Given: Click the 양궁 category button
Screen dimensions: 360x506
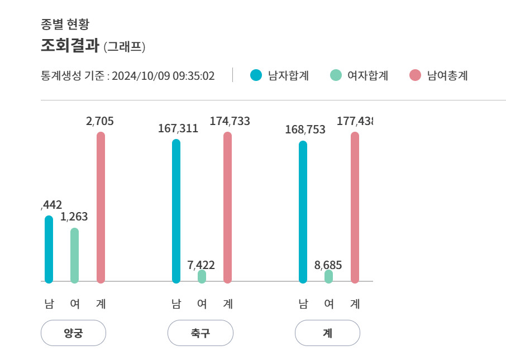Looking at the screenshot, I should pyautogui.click(x=73, y=333).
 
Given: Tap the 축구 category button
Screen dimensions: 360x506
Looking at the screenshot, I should pyautogui.click(x=200, y=333).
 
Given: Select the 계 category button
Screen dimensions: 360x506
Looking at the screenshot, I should pyautogui.click(x=327, y=333).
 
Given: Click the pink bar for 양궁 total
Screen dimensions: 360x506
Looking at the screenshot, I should pyautogui.click(x=101, y=207).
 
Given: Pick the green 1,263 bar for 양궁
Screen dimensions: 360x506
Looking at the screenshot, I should pyautogui.click(x=75, y=255).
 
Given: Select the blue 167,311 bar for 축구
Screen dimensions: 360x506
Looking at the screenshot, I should pyautogui.click(x=176, y=211).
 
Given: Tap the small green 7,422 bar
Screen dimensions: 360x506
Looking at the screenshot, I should pyautogui.click(x=202, y=276).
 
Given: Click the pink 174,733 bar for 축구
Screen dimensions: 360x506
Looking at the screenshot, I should pyautogui.click(x=227, y=207).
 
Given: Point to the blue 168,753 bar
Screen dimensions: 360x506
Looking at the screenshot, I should pyautogui.click(x=303, y=212).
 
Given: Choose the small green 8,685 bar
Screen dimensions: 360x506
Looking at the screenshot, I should pyautogui.click(x=328, y=276).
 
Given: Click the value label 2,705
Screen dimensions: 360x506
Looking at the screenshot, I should pyautogui.click(x=100, y=121).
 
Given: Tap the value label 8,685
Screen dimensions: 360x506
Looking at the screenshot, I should pyautogui.click(x=328, y=265).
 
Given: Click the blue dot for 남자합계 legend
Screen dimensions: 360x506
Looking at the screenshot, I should pyautogui.click(x=256, y=75).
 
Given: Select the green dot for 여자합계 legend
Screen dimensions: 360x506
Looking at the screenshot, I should pyautogui.click(x=336, y=75).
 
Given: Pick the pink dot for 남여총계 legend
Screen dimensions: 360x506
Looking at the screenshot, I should pyautogui.click(x=415, y=75).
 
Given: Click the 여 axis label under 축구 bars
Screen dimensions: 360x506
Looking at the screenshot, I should pyautogui.click(x=202, y=304).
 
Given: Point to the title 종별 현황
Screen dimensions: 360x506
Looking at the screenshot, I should pyautogui.click(x=65, y=24).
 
